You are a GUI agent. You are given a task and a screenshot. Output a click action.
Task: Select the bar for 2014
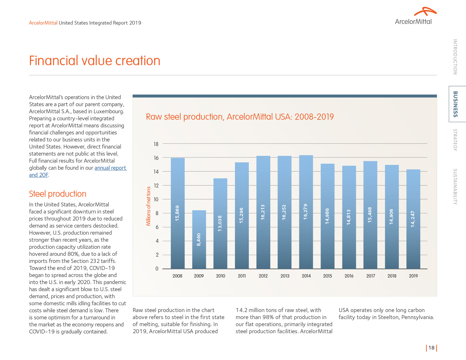pos(306,212)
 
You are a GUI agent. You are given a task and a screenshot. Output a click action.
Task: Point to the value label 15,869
pos(177,213)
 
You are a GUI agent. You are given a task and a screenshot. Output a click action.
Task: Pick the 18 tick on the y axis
pos(156,144)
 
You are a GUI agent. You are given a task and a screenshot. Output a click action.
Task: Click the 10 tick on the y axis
pos(156,199)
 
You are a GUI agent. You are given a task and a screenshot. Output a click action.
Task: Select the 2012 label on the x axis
pos(263,276)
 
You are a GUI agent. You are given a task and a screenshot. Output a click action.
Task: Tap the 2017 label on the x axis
pos(371,276)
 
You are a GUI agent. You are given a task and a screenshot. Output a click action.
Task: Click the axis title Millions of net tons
pos(149,206)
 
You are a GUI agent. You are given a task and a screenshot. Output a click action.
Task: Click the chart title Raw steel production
pos(240,117)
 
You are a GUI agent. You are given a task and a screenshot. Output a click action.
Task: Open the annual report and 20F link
pos(110,168)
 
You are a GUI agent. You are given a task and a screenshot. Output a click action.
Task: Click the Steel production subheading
pos(58,194)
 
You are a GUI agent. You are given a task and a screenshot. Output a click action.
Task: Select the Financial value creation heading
pos(95,61)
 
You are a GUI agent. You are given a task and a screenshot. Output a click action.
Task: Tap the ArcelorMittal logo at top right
pos(415,16)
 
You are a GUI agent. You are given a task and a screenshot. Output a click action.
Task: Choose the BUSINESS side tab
pos(455,104)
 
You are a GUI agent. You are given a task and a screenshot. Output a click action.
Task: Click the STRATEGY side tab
pos(455,140)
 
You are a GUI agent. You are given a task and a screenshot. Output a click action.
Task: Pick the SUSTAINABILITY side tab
pos(455,187)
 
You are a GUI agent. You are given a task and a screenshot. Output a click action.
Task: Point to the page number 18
pos(431,348)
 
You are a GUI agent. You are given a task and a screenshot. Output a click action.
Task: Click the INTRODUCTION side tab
pos(455,57)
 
